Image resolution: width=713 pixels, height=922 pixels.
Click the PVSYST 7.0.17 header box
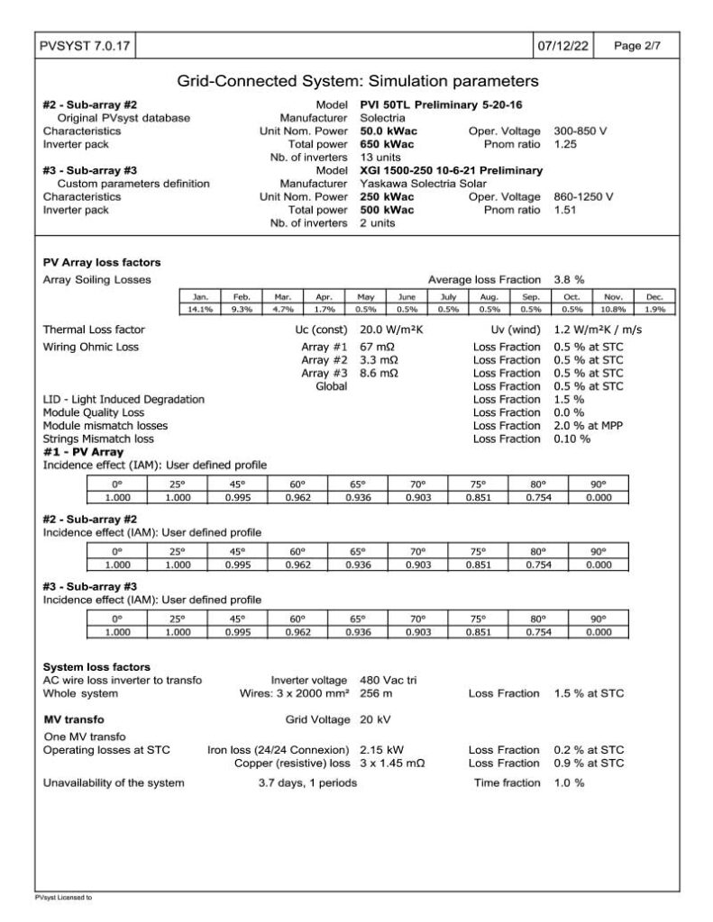coord(85,45)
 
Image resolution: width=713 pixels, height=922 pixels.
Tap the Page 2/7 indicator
coord(636,45)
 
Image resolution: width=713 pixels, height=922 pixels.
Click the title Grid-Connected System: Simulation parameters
coord(358,82)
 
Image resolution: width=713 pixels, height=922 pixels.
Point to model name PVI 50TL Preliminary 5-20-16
coord(440,105)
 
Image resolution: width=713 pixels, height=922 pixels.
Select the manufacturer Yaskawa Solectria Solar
coord(423,184)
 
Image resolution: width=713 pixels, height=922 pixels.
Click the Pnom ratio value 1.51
coord(565,210)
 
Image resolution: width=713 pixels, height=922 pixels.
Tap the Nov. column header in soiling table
coord(613,296)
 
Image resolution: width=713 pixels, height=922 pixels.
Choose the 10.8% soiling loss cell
coord(613,309)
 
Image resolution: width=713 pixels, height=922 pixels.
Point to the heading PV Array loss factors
coord(102,263)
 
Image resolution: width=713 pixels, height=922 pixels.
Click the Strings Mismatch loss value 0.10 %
coord(571,438)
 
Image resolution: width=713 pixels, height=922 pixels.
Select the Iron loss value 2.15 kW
coord(381,750)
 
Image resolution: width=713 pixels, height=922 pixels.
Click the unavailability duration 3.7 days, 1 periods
coord(307,782)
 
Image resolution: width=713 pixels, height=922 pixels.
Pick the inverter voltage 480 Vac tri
coord(388,680)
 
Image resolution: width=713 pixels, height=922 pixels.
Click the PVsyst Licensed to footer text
coord(64,898)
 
